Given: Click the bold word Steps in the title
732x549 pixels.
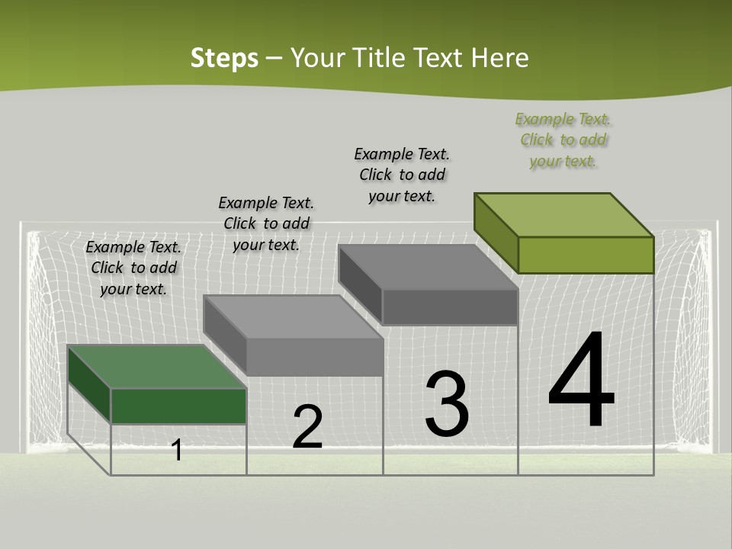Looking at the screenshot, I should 224,58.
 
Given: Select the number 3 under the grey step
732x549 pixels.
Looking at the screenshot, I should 447,404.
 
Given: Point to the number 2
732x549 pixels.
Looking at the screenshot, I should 307,427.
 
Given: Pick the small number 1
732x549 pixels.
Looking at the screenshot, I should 177,450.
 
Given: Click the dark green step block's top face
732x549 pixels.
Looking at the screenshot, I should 156,367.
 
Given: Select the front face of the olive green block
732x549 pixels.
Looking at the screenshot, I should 586,255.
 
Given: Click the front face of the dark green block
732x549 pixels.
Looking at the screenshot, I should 178,406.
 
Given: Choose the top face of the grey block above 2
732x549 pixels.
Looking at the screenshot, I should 293,316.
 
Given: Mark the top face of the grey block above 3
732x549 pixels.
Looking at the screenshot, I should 428,267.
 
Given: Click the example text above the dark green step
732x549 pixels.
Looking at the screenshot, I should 133,268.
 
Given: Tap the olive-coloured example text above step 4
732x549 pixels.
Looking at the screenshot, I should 563,140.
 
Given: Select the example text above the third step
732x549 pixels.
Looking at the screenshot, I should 402,175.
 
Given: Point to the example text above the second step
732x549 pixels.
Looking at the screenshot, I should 266,223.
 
